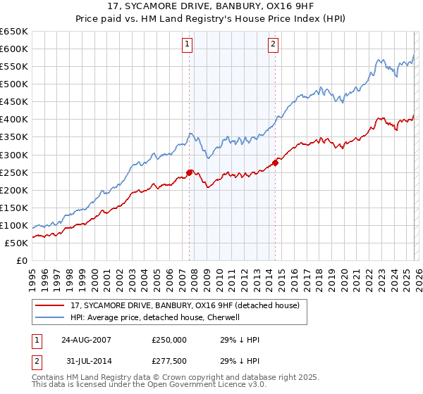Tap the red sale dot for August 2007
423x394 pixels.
tap(189, 172)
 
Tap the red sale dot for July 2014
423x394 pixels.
tap(276, 163)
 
